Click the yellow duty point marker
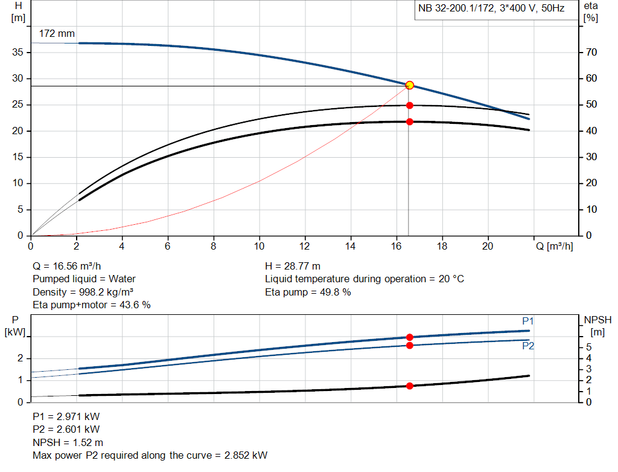coord(410,85)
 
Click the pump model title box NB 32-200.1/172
coord(491,9)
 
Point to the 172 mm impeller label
coord(57,34)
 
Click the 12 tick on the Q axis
coord(305,246)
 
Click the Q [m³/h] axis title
coord(553,246)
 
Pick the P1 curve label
coord(528,321)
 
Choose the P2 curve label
coord(528,346)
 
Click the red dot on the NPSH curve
coord(410,386)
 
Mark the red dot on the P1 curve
coord(410,337)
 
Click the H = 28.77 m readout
coord(293,266)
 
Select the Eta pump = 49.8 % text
coord(308,292)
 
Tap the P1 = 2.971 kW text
coord(66,417)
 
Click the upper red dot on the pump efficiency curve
coord(410,105)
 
